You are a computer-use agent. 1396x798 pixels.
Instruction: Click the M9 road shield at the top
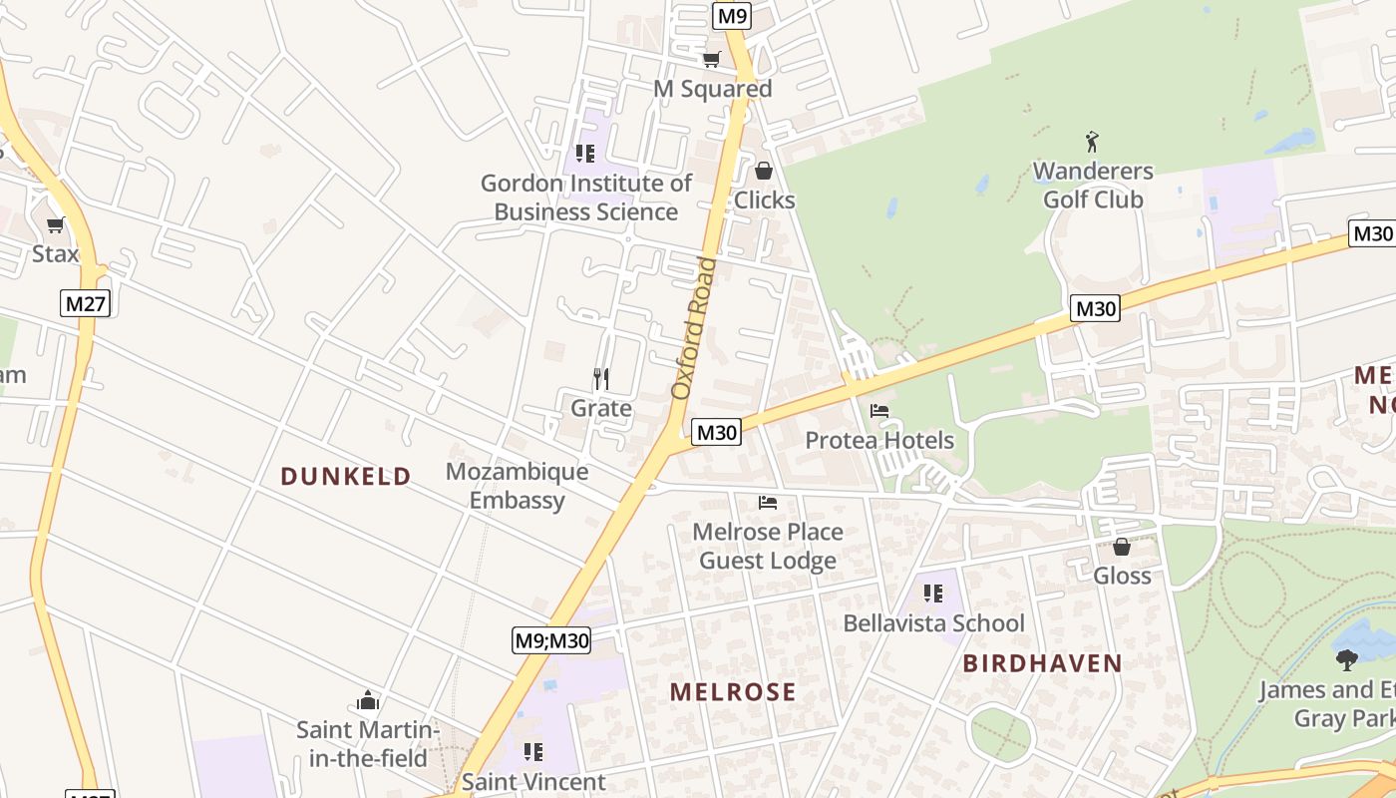pyautogui.click(x=731, y=15)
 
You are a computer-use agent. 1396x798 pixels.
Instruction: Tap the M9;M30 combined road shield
pyautogui.click(x=551, y=640)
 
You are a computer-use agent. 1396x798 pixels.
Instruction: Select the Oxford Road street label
pyautogui.click(x=694, y=328)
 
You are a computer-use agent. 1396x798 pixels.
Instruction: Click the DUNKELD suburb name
pyautogui.click(x=345, y=477)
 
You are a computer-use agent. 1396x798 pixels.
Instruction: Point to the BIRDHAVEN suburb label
pyautogui.click(x=1042, y=663)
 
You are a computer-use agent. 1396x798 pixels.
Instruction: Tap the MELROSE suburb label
pyautogui.click(x=733, y=691)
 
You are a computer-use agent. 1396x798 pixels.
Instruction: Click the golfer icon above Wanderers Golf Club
pyautogui.click(x=1093, y=142)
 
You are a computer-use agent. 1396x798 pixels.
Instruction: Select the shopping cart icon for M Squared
pyautogui.click(x=711, y=60)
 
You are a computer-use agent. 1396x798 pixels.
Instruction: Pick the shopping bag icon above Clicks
pyautogui.click(x=764, y=172)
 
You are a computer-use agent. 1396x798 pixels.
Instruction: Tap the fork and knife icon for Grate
pyautogui.click(x=600, y=379)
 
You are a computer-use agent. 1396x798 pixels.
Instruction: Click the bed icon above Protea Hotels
pyautogui.click(x=878, y=411)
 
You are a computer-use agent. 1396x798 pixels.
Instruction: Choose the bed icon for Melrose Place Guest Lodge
pyautogui.click(x=767, y=502)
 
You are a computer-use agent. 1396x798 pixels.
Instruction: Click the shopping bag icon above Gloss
pyautogui.click(x=1122, y=547)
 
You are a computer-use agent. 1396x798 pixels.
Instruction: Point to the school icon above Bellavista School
pyautogui.click(x=932, y=595)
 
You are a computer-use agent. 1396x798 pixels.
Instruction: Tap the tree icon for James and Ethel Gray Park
pyautogui.click(x=1347, y=659)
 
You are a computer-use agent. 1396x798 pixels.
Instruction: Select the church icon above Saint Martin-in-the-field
pyautogui.click(x=368, y=700)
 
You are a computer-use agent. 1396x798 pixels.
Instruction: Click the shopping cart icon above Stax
pyautogui.click(x=55, y=224)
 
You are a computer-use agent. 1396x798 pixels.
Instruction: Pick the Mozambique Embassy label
pyautogui.click(x=517, y=486)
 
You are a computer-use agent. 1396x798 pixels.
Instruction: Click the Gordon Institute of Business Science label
pyautogui.click(x=585, y=198)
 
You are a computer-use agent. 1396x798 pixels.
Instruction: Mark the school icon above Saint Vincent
pyautogui.click(x=533, y=752)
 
